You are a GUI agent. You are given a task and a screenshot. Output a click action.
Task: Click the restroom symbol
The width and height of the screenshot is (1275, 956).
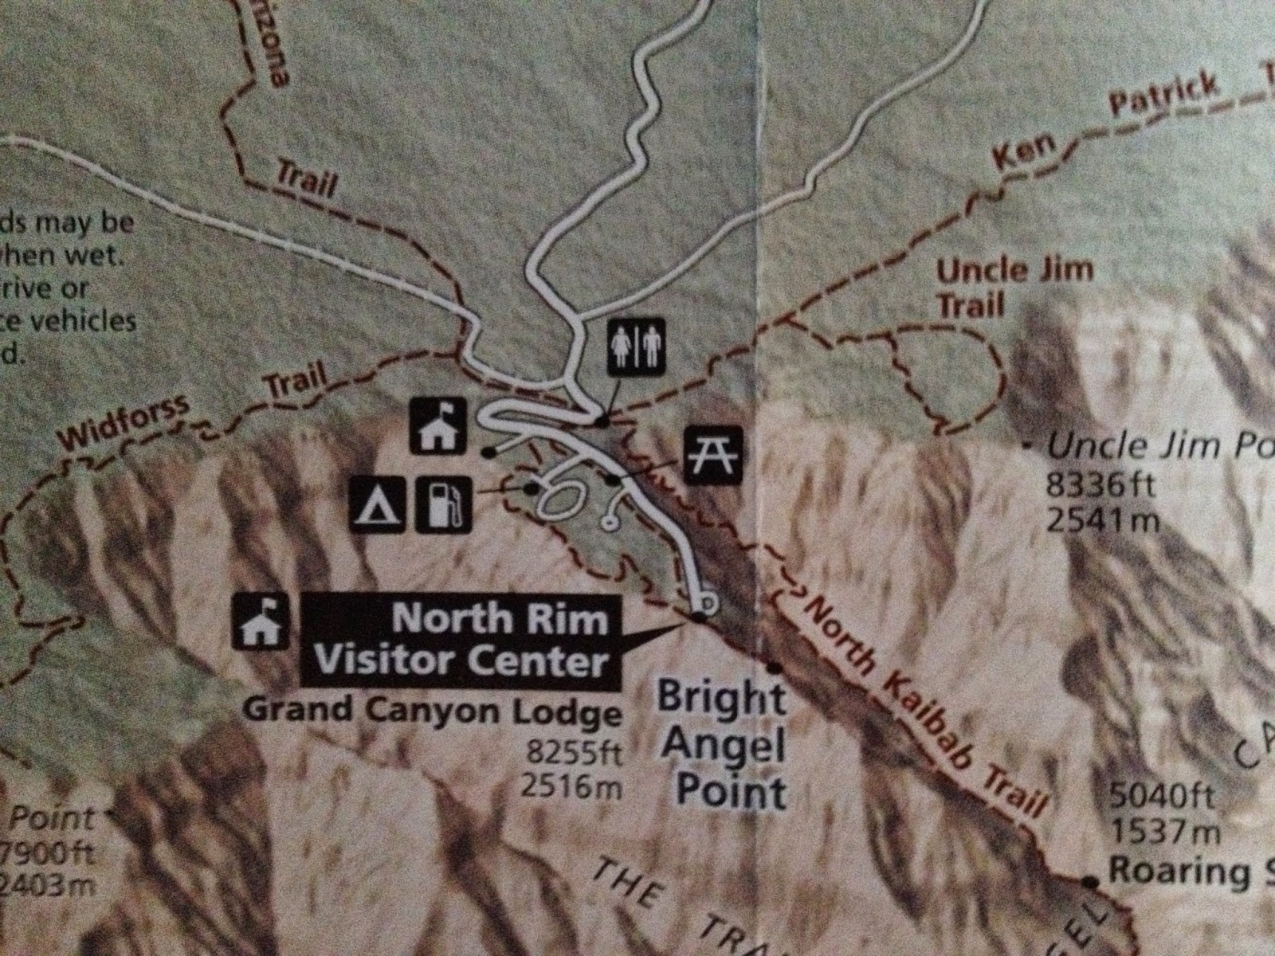[637, 347]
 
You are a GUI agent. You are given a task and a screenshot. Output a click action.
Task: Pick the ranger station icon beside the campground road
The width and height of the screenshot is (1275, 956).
[436, 426]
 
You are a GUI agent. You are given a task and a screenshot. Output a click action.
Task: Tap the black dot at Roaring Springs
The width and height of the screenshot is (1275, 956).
[1089, 881]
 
